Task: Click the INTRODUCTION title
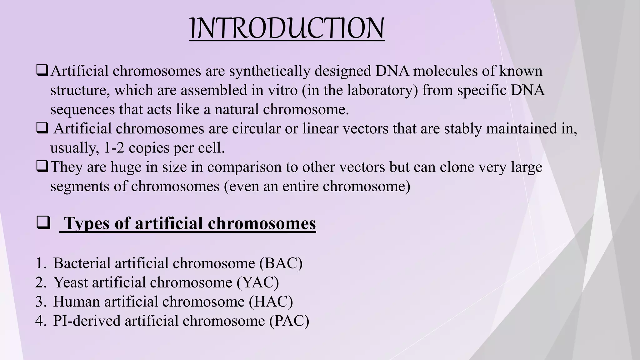pos(287,29)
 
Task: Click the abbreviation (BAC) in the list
pos(281,263)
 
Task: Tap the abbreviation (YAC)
pos(257,282)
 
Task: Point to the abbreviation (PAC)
pos(289,321)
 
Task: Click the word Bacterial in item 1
pos(82,263)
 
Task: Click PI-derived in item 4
pos(87,321)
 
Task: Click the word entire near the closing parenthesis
pos(300,186)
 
